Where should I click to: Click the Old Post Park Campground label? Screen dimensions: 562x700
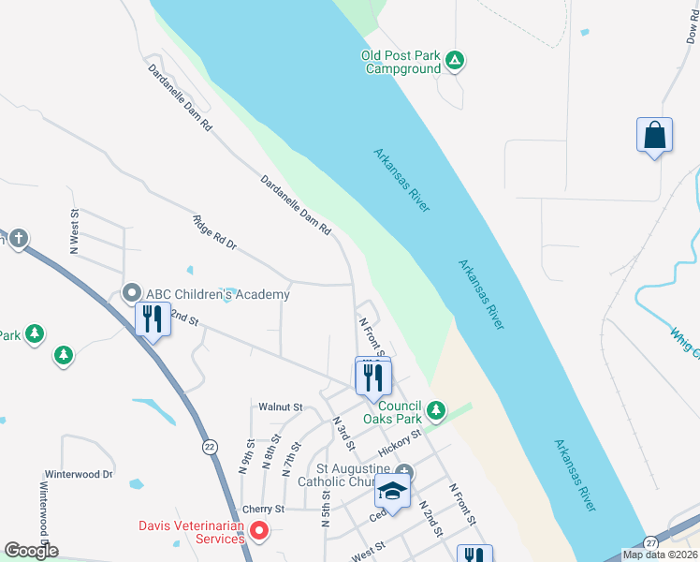pyautogui.click(x=401, y=62)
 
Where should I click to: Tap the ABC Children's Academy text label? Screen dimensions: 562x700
pyautogui.click(x=217, y=294)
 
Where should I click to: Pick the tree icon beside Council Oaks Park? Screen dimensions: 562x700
pyautogui.click(x=435, y=410)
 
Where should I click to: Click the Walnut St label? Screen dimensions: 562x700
pyautogui.click(x=282, y=407)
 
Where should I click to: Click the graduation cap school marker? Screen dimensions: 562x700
pyautogui.click(x=393, y=492)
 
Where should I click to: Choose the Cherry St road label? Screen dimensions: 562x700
pyautogui.click(x=256, y=509)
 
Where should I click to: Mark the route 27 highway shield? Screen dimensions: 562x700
pyautogui.click(x=651, y=542)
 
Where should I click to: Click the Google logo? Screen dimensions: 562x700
pyautogui.click(x=31, y=551)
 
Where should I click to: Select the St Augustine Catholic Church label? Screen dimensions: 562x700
pyautogui.click(x=351, y=476)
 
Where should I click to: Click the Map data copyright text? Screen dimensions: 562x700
pyautogui.click(x=659, y=555)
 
